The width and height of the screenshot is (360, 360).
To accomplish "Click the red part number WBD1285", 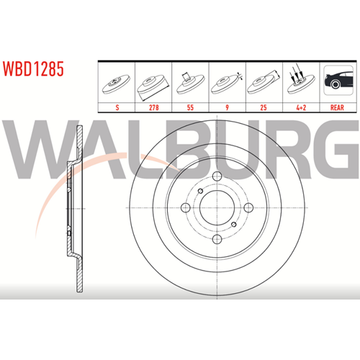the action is [x=33, y=68].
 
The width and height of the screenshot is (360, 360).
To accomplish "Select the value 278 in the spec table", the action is [x=154, y=107].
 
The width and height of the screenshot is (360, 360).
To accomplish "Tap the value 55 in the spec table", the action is [x=190, y=107].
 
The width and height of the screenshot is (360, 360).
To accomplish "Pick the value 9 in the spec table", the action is [x=227, y=107].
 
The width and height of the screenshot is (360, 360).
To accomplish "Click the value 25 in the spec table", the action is [x=264, y=107].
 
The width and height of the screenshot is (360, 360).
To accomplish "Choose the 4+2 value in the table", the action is [x=301, y=107].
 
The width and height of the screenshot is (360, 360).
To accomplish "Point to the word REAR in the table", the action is [x=337, y=107].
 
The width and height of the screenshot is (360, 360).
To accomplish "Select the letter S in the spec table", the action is [x=117, y=107].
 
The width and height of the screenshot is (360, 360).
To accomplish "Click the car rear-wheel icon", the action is [x=338, y=80].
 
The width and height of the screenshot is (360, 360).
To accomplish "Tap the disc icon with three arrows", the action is [x=301, y=79].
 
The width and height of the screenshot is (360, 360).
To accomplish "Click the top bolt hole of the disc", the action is [x=217, y=176].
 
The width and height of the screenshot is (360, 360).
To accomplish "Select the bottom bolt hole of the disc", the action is [x=217, y=239].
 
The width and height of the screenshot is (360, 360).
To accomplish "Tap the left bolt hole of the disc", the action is [x=186, y=207].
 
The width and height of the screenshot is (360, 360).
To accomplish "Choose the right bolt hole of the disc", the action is [x=248, y=207].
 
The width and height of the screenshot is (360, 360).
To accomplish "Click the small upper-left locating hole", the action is [x=200, y=191].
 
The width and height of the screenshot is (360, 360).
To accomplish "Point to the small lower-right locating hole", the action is [x=234, y=225].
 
